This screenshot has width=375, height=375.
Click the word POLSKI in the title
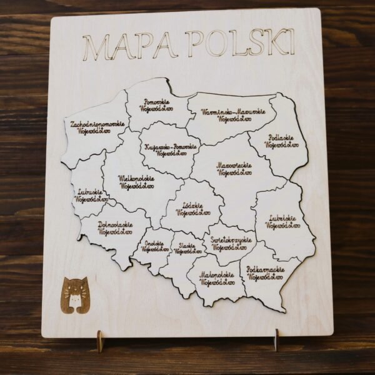pos(239,44)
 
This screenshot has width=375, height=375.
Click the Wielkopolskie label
pos(136,182)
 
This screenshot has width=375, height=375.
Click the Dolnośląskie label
pos(115,228)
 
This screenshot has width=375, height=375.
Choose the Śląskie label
pos(188,249)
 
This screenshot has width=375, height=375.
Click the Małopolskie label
pos(217,278)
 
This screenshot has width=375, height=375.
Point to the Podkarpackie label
pos(266,272)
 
